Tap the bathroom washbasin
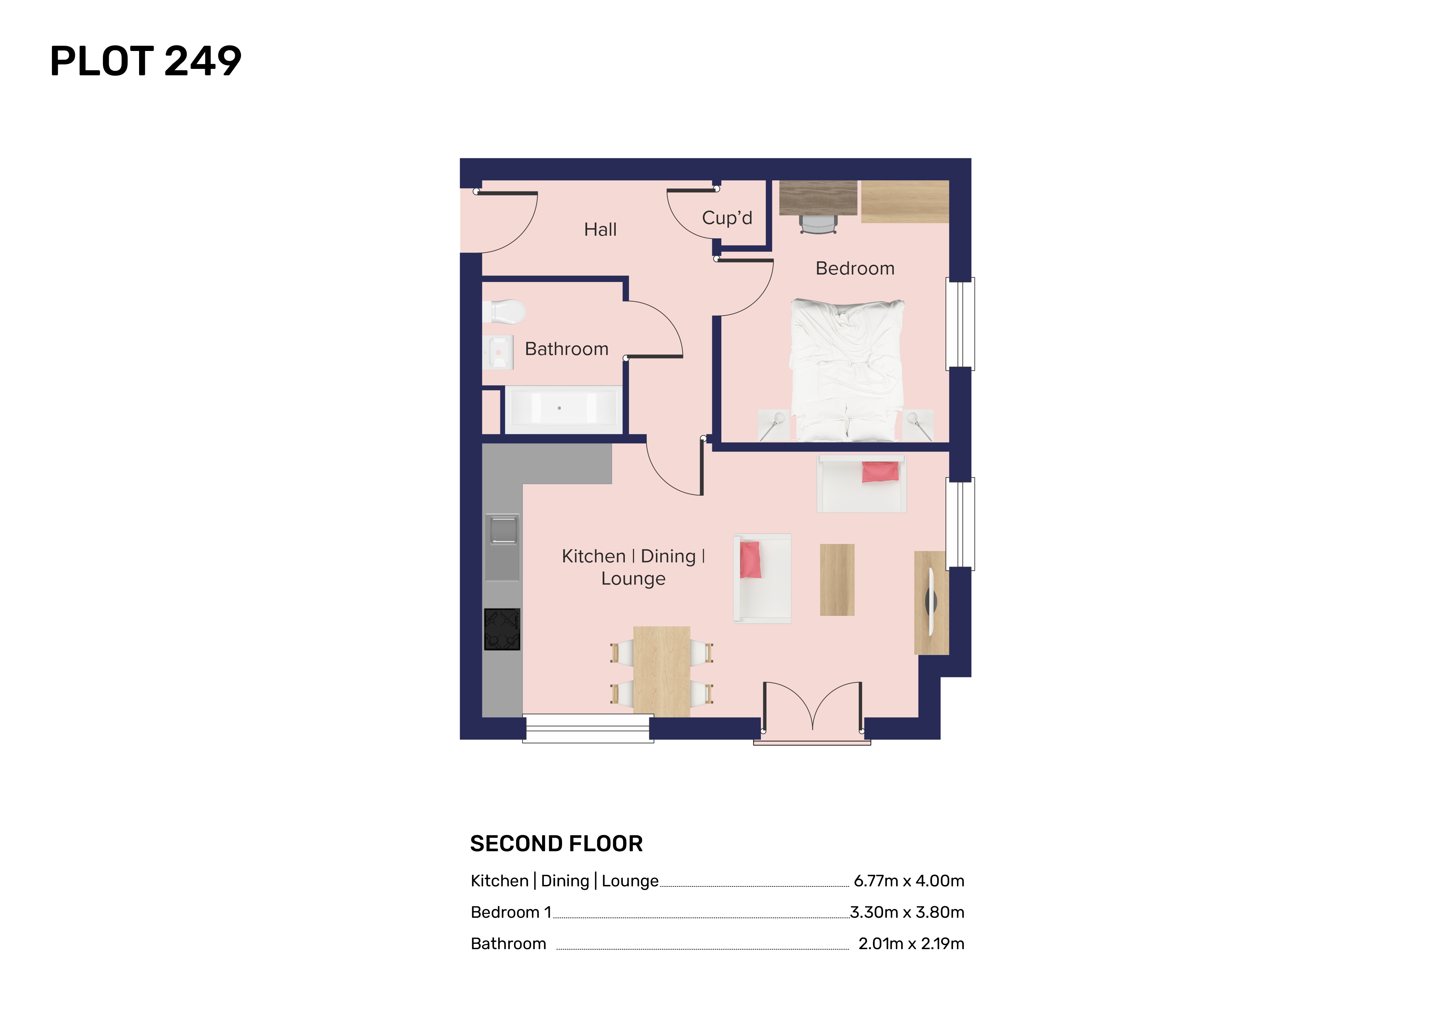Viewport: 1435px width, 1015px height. click(498, 352)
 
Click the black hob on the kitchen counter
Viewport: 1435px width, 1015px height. click(502, 629)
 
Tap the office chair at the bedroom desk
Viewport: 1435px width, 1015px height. click(818, 224)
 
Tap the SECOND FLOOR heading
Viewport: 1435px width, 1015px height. click(556, 844)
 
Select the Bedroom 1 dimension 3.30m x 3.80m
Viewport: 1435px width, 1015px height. click(907, 912)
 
